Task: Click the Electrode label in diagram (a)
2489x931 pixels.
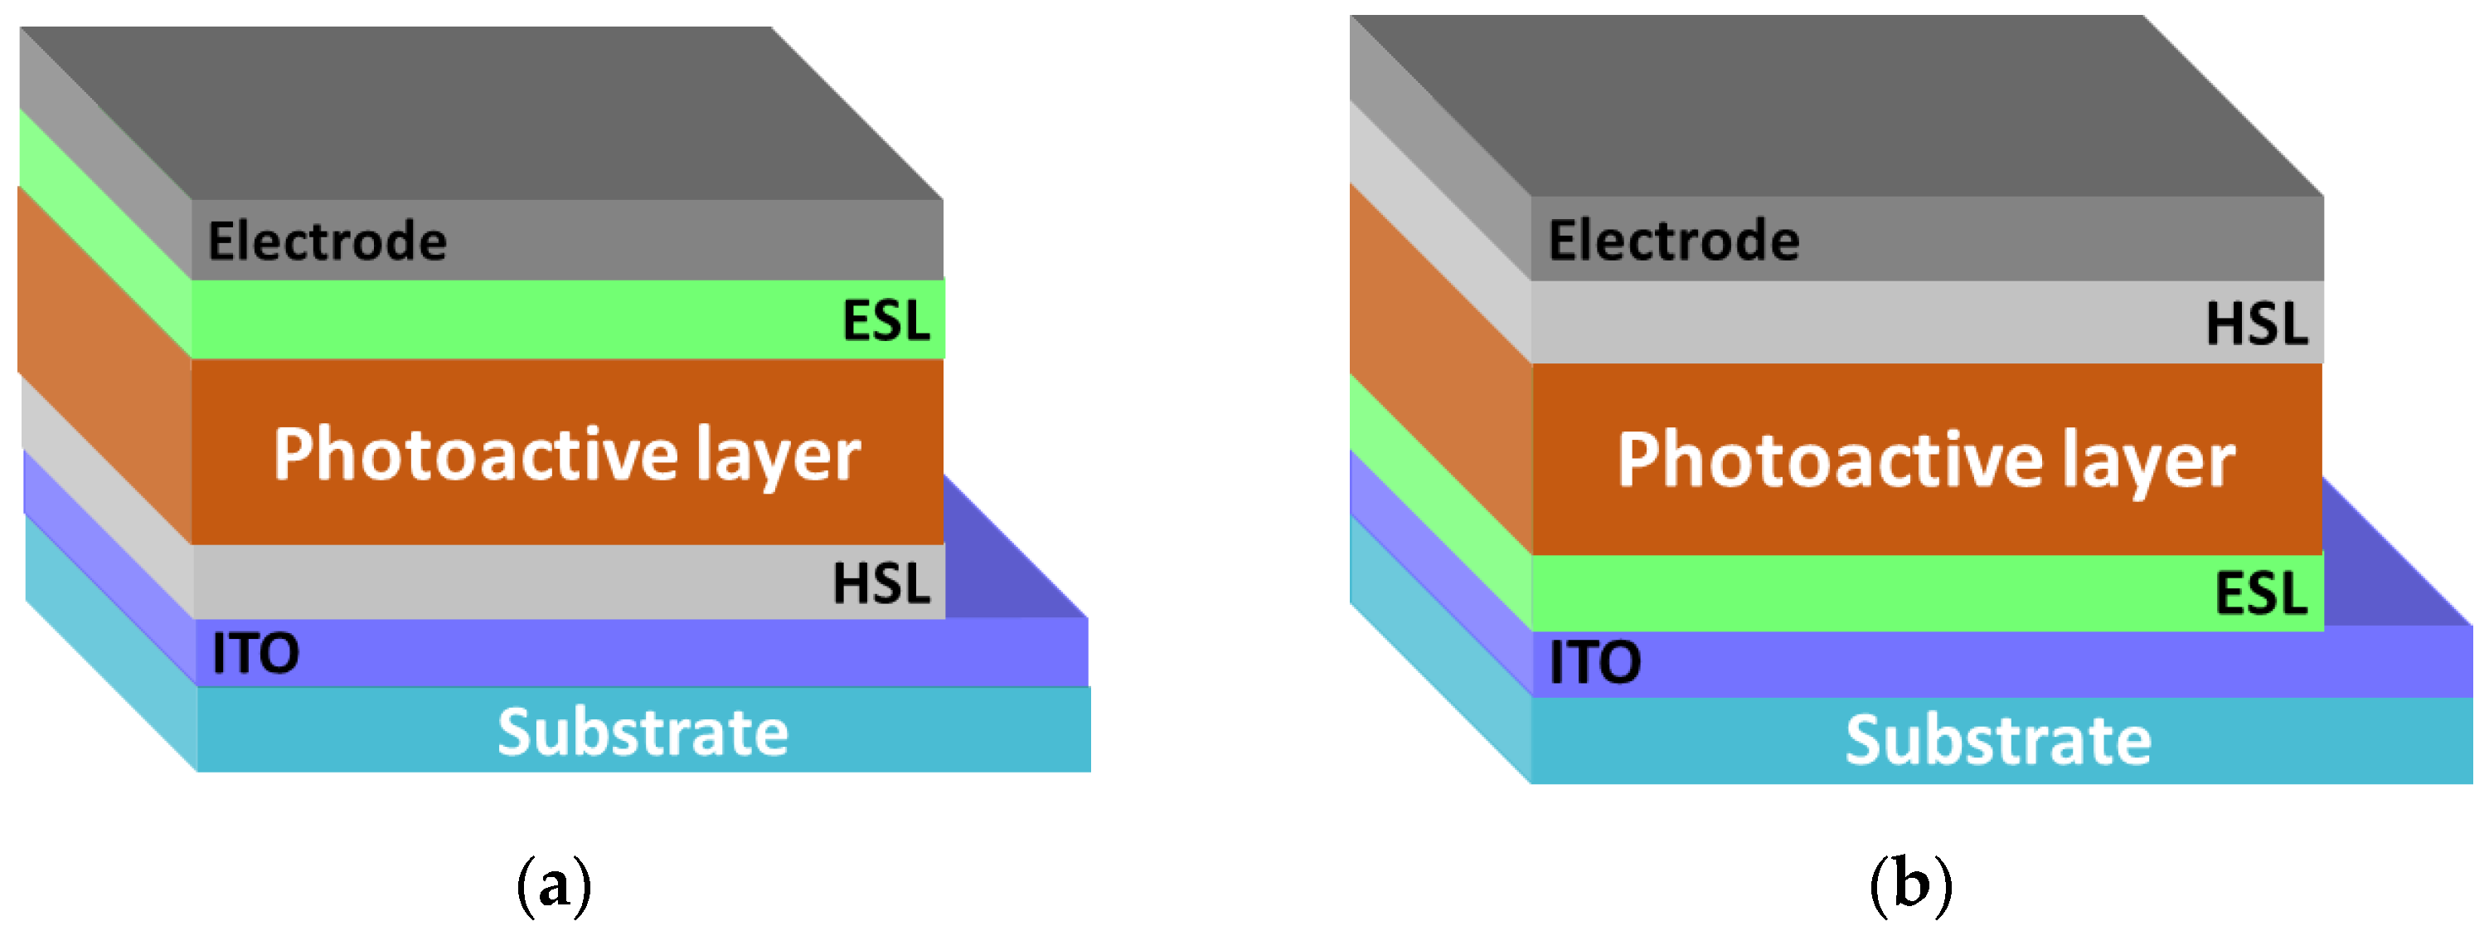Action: click(327, 241)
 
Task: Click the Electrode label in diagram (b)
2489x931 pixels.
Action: click(1672, 240)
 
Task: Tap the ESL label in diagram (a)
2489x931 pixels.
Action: click(885, 320)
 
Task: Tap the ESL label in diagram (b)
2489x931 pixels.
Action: click(2260, 592)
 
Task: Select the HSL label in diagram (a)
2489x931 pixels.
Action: click(881, 583)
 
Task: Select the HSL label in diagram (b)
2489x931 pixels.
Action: click(2256, 324)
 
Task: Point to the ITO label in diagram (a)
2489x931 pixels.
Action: click(255, 654)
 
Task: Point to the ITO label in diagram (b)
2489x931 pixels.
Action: click(1594, 663)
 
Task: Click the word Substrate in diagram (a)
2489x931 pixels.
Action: click(643, 732)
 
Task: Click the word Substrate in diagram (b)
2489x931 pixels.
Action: click(1997, 740)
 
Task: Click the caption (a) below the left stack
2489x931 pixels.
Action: click(554, 885)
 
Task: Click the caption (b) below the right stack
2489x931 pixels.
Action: click(1910, 885)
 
